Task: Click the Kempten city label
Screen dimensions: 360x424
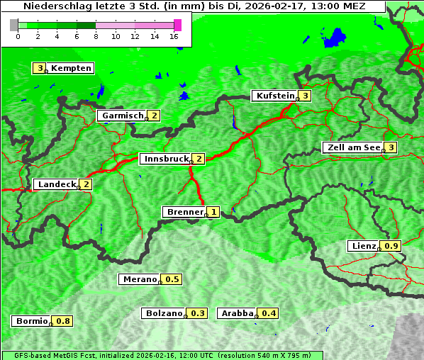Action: tap(71, 68)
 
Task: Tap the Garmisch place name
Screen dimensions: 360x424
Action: tap(122, 116)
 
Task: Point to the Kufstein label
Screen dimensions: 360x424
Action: tap(274, 96)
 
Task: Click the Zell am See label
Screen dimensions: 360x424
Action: tap(352, 147)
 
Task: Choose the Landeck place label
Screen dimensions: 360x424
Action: tap(56, 184)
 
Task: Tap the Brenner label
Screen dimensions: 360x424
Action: tap(184, 212)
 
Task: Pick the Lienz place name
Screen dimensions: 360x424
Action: tap(363, 246)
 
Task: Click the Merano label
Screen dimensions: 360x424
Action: tap(139, 279)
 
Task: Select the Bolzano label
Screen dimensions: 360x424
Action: tap(164, 313)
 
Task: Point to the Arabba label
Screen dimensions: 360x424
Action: tap(237, 313)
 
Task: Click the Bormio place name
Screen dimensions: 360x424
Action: tap(31, 321)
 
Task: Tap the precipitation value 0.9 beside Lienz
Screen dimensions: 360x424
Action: tap(392, 246)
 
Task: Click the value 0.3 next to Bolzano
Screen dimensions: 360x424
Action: tap(198, 313)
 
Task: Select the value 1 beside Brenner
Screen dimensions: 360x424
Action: tap(213, 212)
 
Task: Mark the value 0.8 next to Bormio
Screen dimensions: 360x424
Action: tap(64, 321)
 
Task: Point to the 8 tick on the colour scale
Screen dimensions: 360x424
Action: tap(96, 36)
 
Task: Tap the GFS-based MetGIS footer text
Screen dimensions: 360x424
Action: tap(162, 355)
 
